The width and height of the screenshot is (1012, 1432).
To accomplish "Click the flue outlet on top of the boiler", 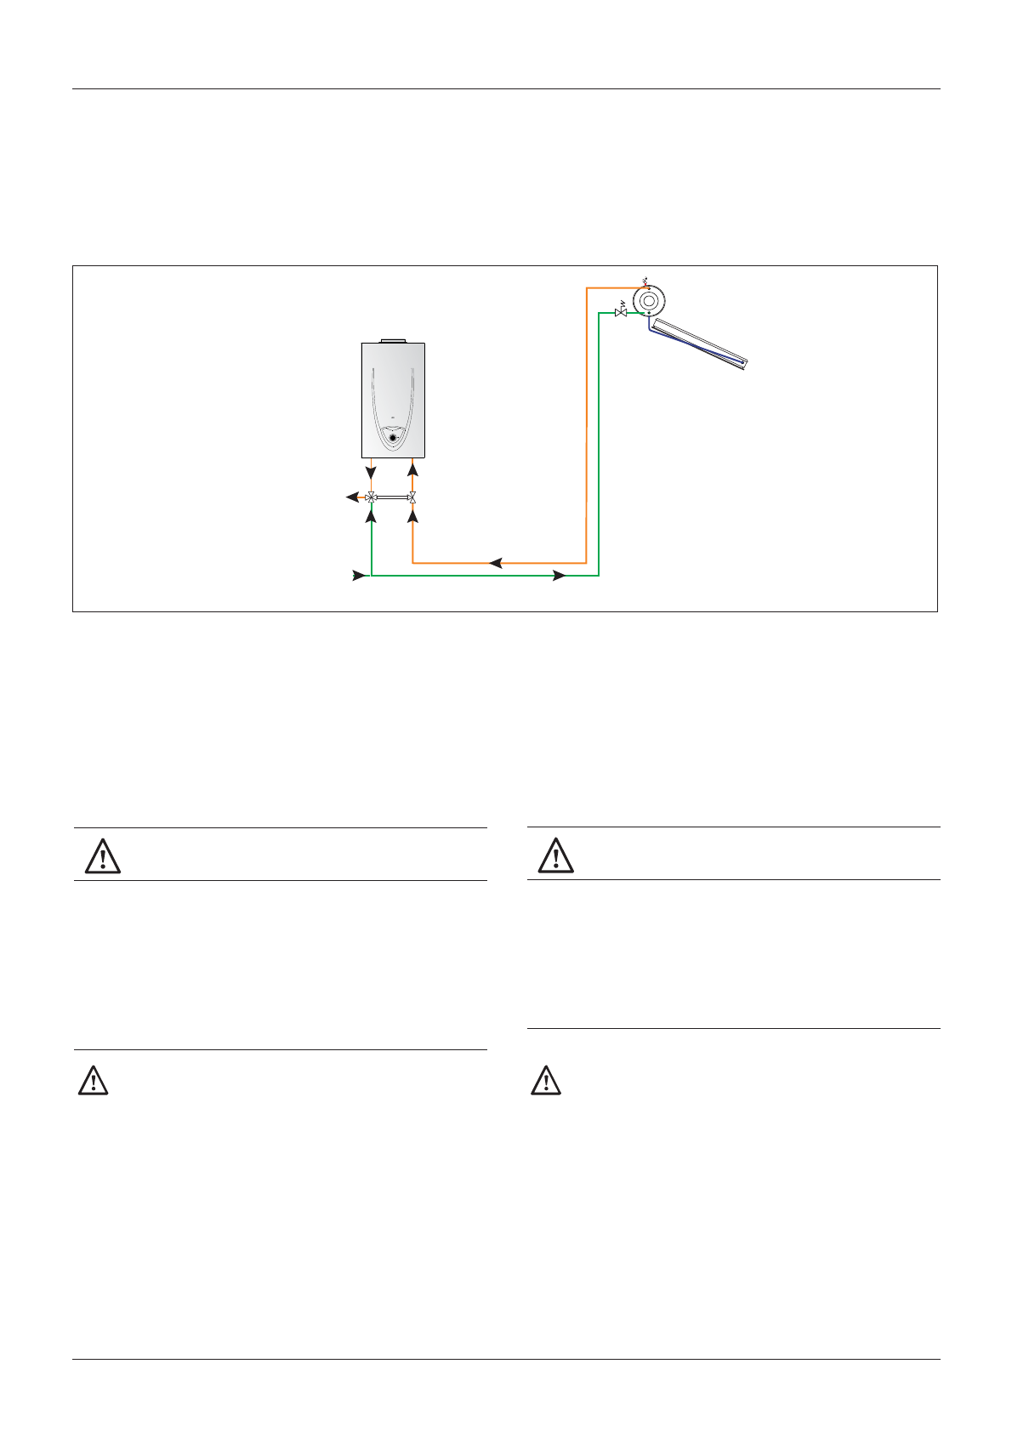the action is pyautogui.click(x=393, y=340).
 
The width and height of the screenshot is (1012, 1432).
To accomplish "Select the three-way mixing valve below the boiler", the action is pyautogui.click(x=371, y=497).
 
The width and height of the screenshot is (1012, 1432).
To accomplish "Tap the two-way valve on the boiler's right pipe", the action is pyautogui.click(x=412, y=497).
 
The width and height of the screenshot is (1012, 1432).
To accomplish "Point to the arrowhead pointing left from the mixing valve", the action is pyautogui.click(x=351, y=497).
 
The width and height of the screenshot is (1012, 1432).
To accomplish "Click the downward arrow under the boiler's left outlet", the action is pyautogui.click(x=371, y=471).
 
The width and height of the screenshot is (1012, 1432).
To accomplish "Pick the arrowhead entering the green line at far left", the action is pyautogui.click(x=360, y=576).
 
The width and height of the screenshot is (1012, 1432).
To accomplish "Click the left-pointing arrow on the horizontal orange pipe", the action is pyautogui.click(x=496, y=562).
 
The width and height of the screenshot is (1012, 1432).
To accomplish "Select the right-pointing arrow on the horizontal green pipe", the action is pyautogui.click(x=559, y=576).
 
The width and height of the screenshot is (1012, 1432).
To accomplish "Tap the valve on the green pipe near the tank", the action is pyautogui.click(x=621, y=313).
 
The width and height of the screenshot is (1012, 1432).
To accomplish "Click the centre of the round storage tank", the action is pyautogui.click(x=650, y=299).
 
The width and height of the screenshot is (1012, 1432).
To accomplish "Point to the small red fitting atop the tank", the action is pyautogui.click(x=648, y=285).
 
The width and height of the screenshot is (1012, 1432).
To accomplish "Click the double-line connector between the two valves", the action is pyautogui.click(x=392, y=497).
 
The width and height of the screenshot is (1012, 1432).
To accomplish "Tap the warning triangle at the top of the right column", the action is pyautogui.click(x=556, y=855).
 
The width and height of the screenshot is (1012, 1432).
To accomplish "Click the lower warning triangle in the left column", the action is pyautogui.click(x=94, y=1080).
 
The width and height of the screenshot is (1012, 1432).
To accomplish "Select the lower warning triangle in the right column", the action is pyautogui.click(x=546, y=1080).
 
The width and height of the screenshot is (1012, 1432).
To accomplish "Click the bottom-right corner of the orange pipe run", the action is pyautogui.click(x=586, y=562).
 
